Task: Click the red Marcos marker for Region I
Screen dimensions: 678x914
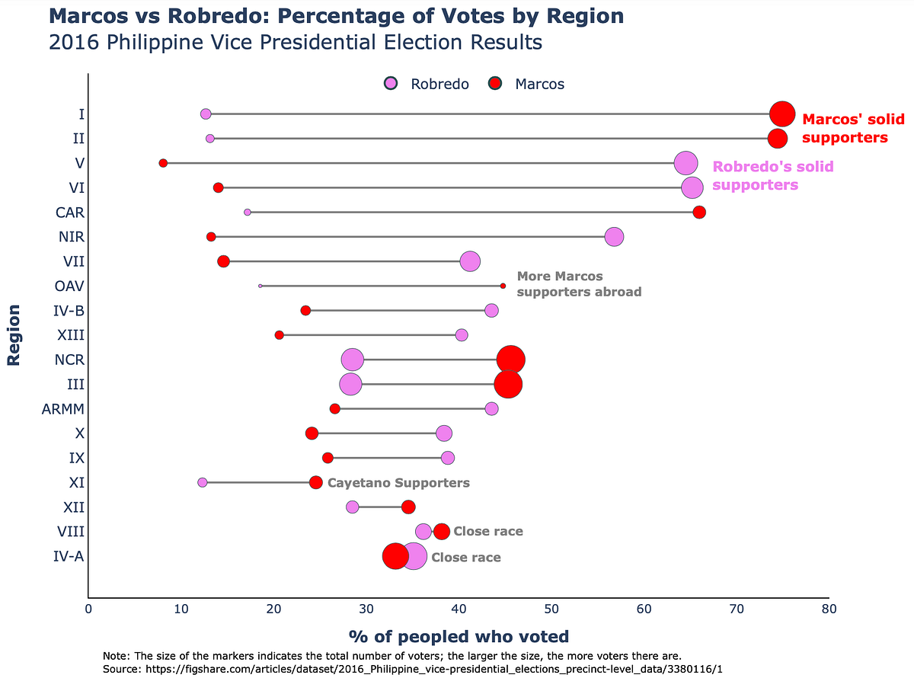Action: click(782, 114)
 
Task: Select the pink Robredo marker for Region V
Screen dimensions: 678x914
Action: click(686, 163)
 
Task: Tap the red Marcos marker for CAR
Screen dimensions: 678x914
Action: click(699, 212)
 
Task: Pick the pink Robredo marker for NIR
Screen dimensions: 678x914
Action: click(614, 237)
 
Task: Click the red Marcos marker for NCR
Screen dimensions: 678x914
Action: click(510, 360)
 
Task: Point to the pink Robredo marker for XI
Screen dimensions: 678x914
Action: click(202, 482)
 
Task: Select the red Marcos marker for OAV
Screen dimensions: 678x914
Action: click(503, 286)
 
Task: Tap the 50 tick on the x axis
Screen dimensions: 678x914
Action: click(551, 609)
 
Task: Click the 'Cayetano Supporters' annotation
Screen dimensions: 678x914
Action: click(398, 483)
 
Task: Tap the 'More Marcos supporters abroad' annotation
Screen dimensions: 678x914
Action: click(579, 284)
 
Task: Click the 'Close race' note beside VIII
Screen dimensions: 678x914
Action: click(488, 532)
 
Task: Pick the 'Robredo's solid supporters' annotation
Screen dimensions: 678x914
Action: click(772, 176)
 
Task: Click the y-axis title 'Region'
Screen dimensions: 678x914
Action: click(13, 335)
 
